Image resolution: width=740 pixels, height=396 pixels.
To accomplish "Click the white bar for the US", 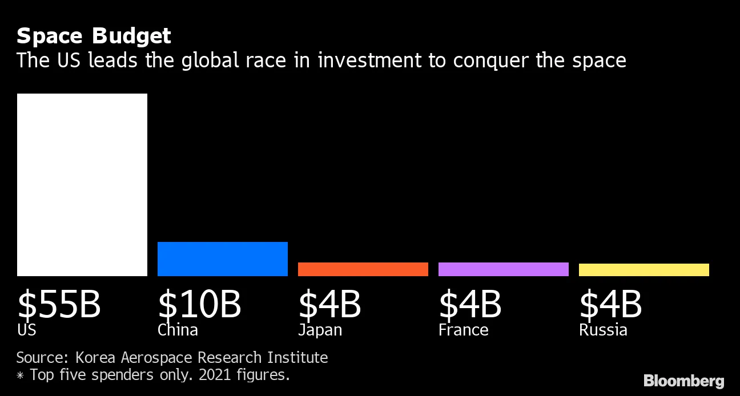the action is [82, 185].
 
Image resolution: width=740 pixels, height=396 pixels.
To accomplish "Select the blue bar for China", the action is [223, 259].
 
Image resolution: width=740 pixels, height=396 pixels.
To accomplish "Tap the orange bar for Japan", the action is [363, 269].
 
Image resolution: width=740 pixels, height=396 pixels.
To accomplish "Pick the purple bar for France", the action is [504, 269].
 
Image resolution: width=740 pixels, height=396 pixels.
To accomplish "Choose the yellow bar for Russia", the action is [644, 270].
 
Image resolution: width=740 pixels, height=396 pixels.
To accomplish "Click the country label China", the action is [178, 330].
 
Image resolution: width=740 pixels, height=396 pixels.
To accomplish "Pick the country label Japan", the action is [320, 330].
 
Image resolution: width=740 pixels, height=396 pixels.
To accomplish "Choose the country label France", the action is [464, 330].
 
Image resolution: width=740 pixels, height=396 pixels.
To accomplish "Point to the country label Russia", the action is [603, 330].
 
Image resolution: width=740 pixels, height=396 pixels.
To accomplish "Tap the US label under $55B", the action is [27, 330].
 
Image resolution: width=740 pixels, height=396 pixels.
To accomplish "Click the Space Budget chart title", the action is [94, 37].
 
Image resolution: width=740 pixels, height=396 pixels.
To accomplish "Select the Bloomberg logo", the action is [684, 382].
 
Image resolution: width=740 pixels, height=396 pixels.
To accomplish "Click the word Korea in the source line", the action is [95, 358].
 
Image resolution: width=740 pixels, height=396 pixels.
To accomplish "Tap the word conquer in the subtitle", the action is [491, 62].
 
